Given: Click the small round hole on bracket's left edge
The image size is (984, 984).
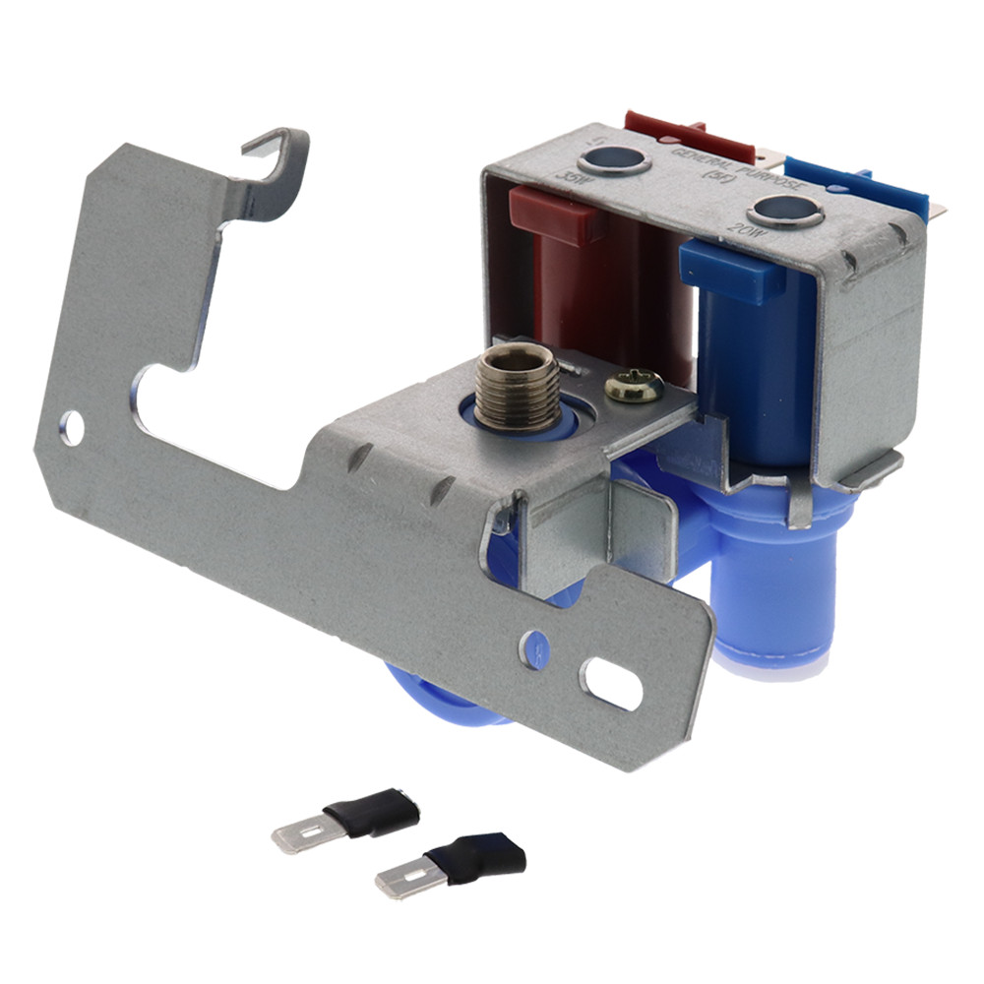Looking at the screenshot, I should [71, 426].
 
